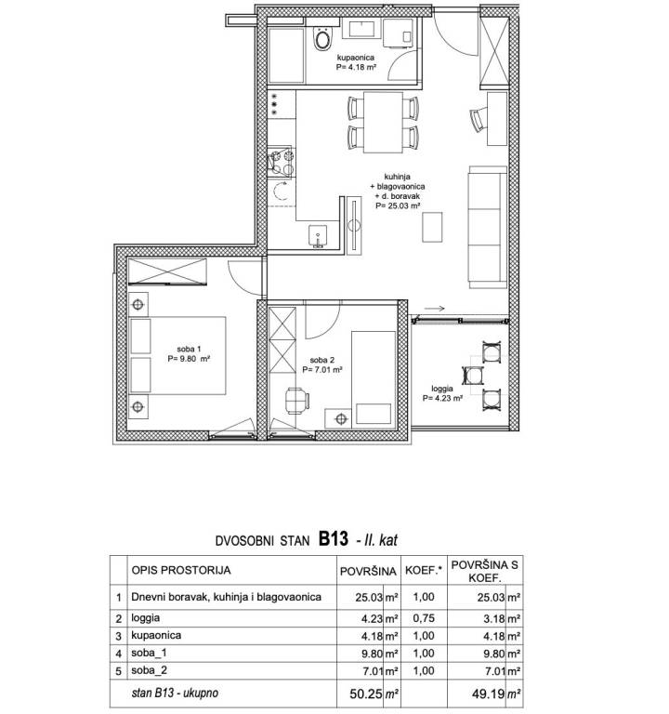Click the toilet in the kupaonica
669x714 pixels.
click(322, 38)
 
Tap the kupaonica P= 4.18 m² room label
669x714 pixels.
click(356, 62)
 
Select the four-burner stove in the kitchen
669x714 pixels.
click(282, 163)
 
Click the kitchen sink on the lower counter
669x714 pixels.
click(317, 236)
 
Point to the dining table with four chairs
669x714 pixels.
click(383, 122)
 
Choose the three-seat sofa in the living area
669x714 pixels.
click(488, 227)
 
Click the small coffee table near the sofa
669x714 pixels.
click(432, 227)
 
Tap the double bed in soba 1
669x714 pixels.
click(177, 355)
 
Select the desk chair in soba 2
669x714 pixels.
click(297, 401)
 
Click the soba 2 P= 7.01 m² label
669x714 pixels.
click(322, 364)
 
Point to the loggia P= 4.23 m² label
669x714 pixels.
click(442, 393)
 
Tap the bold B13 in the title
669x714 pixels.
click(334, 539)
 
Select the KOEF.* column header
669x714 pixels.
click(424, 570)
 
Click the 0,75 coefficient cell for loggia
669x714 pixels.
click(424, 618)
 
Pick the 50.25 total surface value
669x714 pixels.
click(366, 694)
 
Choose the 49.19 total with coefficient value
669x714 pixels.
click(489, 694)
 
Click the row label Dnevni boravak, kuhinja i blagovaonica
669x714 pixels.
click(226, 597)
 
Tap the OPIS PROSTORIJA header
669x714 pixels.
click(181, 570)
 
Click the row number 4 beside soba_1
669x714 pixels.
click(119, 654)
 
